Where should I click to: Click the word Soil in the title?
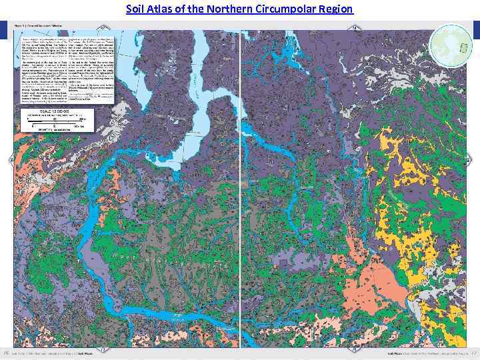pyautogui.click(x=136, y=9)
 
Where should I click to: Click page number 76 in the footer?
pyautogui.click(x=7, y=353)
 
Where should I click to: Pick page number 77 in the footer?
pyautogui.click(x=474, y=353)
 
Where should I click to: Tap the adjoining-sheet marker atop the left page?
pyautogui.click(x=103, y=27)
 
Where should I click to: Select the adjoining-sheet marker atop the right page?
pyautogui.click(x=355, y=27)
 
